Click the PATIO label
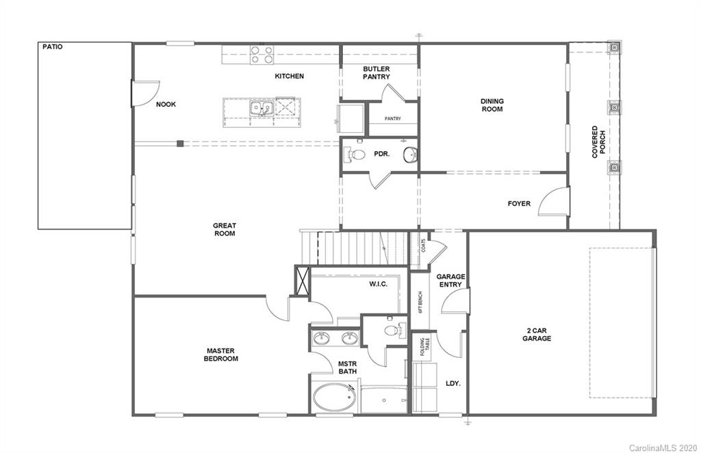51,47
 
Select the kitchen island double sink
261,107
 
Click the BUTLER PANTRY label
377,73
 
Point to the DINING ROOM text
492,105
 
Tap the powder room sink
409,154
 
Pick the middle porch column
614,107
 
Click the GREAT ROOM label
224,229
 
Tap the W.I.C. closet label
378,283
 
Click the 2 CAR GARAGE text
537,334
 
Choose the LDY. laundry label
453,383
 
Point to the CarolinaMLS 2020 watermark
661,446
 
